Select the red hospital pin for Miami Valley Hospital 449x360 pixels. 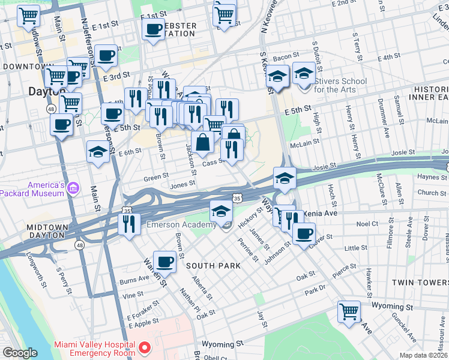point(144,348)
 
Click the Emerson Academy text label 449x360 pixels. point(181,225)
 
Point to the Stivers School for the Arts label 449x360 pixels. point(340,85)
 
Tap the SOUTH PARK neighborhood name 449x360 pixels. point(212,265)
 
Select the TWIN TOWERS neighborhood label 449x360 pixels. point(420,282)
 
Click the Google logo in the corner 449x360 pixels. point(20,353)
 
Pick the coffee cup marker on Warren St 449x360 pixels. point(164,261)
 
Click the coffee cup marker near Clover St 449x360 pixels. point(304,232)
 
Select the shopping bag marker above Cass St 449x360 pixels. point(203,142)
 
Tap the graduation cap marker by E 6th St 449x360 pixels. point(98,151)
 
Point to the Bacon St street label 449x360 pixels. point(282,57)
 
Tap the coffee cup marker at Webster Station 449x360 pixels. point(154,28)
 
